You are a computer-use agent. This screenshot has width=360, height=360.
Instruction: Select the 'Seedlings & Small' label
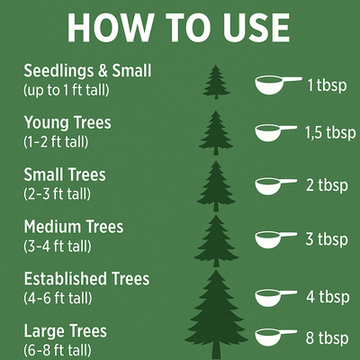[x=87, y=71]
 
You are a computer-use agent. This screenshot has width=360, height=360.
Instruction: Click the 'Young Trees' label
[x=67, y=123]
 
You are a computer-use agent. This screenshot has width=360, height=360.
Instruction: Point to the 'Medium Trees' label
[x=74, y=227]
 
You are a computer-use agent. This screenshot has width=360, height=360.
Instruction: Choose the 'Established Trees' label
[x=86, y=279]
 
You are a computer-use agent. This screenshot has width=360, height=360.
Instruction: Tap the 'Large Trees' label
[x=66, y=331]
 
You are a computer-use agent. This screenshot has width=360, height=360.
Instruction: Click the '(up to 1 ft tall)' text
[x=67, y=90]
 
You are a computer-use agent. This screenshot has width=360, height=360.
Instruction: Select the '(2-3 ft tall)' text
[x=57, y=194]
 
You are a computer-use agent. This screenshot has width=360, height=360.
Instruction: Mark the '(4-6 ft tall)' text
[x=58, y=298]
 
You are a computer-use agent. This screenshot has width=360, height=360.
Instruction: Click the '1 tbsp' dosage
[x=327, y=85]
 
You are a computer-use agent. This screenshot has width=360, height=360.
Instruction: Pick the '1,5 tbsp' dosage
[x=330, y=133]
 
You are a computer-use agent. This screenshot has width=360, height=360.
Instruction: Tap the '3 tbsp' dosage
[x=327, y=239]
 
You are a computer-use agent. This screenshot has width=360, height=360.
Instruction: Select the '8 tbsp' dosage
[x=327, y=338]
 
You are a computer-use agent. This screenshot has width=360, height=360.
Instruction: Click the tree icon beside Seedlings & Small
[x=216, y=82]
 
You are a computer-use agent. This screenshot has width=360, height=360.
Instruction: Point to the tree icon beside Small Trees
[x=216, y=186]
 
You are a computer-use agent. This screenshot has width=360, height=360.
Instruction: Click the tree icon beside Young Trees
[x=216, y=133]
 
